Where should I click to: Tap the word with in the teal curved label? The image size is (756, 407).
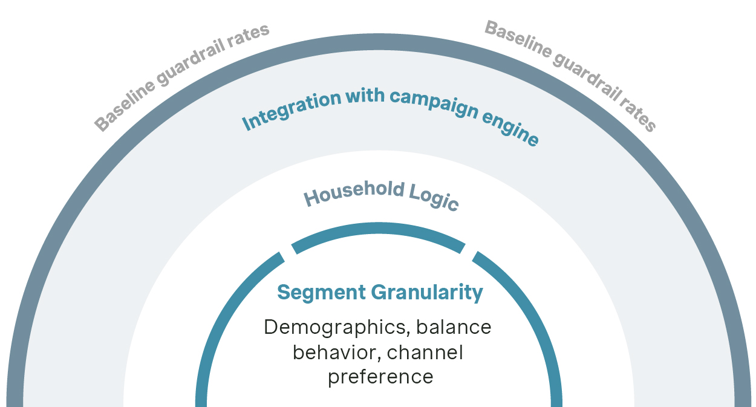pyautogui.click(x=365, y=96)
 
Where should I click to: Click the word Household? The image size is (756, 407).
pyautogui.click(x=354, y=193)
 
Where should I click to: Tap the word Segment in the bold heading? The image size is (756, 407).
pyautogui.click(x=321, y=293)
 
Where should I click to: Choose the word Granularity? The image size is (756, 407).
pyautogui.click(x=427, y=293)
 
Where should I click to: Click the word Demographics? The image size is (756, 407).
pyautogui.click(x=335, y=328)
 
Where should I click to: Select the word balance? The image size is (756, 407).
pyautogui.click(x=454, y=327)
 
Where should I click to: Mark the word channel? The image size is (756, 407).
pyautogui.click(x=425, y=353)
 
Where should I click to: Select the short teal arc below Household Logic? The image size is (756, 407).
pyautogui.click(x=379, y=228)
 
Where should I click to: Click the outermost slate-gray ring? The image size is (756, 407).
pyautogui.click(x=379, y=42)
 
